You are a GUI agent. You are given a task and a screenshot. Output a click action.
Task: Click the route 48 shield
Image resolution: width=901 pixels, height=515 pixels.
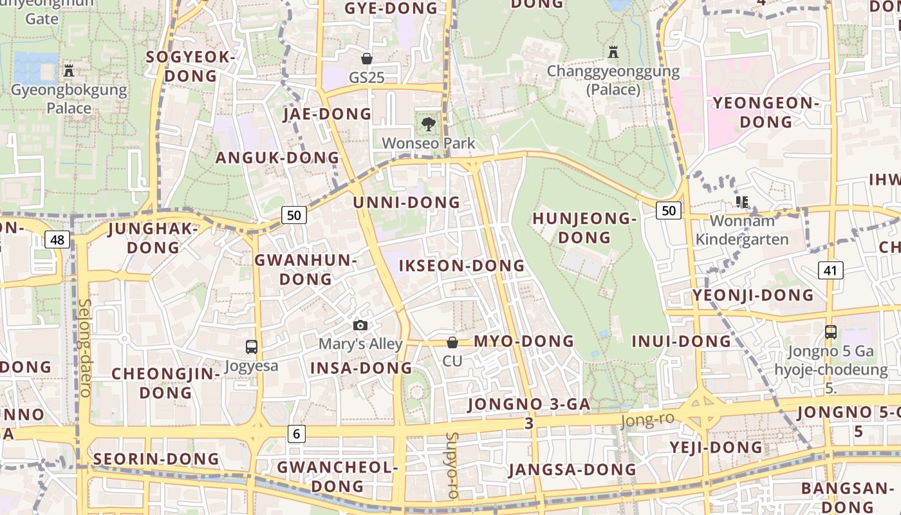(57, 240)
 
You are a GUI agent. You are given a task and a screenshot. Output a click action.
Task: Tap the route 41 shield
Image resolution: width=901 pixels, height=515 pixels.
(830, 270)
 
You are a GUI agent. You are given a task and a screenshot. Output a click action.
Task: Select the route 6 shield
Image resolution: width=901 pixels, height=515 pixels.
(295, 434)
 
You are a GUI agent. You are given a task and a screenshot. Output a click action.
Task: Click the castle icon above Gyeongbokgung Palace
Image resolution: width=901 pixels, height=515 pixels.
(69, 70)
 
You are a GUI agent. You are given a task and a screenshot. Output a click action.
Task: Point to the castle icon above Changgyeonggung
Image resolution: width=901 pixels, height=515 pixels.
(613, 51)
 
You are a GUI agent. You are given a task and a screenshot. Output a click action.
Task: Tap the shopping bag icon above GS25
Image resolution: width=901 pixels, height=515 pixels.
(367, 59)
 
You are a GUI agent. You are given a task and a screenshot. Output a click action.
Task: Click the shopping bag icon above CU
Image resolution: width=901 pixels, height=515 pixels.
(452, 342)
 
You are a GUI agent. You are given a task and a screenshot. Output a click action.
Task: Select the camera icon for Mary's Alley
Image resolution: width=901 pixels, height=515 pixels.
(360, 326)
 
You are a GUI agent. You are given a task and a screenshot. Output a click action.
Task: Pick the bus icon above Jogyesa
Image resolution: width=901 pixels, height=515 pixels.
(252, 347)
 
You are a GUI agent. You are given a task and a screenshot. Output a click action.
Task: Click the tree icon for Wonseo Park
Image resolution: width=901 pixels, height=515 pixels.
(428, 124)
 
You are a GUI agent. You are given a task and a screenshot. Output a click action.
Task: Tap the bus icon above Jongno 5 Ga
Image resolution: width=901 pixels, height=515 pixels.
(831, 332)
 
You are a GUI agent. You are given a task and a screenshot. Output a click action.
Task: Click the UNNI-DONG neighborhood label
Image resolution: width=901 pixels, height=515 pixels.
(407, 203)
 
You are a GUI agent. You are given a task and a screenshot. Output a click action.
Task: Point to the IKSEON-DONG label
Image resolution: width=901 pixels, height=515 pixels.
(461, 266)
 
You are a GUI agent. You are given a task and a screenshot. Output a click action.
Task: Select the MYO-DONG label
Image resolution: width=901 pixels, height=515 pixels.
(524, 341)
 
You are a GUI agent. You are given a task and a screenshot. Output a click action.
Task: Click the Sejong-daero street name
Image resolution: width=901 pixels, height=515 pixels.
(84, 348)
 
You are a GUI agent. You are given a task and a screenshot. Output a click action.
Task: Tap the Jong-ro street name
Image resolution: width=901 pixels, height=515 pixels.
(647, 420)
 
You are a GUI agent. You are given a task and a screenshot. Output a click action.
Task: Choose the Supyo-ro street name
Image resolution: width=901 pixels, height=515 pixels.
(452, 465)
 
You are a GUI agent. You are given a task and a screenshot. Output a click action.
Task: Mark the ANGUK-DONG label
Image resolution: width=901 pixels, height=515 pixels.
(277, 158)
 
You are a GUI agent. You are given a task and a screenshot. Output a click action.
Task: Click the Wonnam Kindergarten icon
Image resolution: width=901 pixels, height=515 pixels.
(742, 203)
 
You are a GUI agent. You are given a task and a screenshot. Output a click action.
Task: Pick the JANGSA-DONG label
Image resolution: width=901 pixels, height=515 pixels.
(572, 469)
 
